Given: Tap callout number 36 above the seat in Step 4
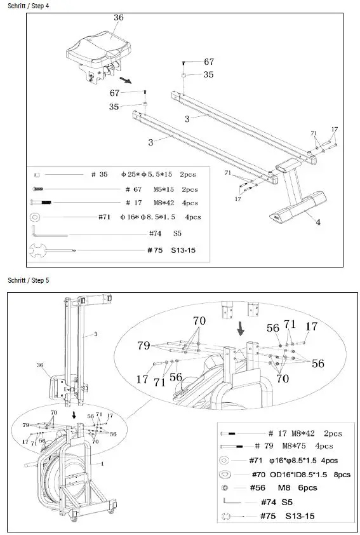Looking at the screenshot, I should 119,18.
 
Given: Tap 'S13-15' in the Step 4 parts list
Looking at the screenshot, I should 183,250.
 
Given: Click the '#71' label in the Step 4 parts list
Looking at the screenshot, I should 105,217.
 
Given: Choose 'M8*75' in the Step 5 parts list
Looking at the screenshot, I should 286,446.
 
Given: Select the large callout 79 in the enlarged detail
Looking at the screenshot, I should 144,346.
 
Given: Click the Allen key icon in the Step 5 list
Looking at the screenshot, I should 234,502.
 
